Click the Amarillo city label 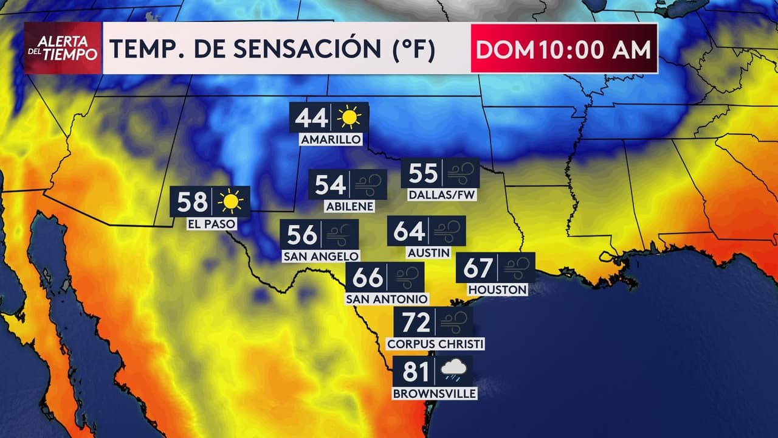coord(331,140)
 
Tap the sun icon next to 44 coord(349,117)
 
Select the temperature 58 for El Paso coord(191,201)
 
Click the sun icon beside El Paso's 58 coord(230,201)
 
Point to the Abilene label coord(349,206)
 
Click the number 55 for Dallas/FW coord(423,173)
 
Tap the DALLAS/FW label coord(440,195)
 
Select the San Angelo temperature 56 coord(302,234)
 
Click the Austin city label coord(429,252)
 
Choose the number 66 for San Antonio coord(368,277)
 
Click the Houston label coord(497,290)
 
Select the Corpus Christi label coord(435,344)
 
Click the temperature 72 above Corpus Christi coord(416,322)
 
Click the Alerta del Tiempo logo coord(63,49)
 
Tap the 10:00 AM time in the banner coord(593,49)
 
